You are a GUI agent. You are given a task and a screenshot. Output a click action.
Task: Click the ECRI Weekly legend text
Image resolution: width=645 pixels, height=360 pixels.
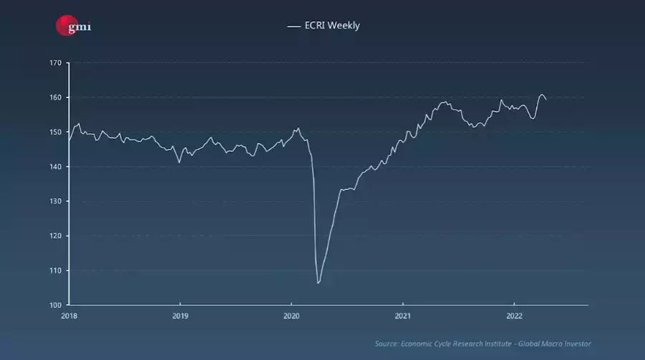coord(332,26)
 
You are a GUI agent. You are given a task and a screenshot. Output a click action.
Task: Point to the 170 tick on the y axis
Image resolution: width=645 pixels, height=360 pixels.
coord(55,63)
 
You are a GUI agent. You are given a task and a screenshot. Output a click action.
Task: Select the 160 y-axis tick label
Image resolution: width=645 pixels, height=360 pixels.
coord(55,97)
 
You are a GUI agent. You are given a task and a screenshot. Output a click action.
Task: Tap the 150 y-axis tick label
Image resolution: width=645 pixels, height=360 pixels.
coord(55,132)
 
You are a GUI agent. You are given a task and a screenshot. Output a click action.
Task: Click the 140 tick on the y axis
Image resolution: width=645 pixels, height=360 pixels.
coord(55,167)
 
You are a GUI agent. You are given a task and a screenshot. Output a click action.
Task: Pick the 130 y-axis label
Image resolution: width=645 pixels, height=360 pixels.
coord(55,201)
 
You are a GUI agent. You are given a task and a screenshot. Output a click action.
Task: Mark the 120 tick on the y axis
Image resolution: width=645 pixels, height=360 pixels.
coord(55,236)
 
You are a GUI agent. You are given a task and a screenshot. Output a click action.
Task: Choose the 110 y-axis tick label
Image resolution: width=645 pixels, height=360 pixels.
coord(55,271)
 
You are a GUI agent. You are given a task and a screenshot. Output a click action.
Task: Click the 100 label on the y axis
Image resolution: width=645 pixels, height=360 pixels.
coord(55,305)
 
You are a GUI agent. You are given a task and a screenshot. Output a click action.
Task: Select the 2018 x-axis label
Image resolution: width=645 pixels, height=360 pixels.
coord(69,316)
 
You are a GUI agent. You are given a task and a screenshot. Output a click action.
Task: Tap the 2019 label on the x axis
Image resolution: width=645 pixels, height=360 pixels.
coord(180,316)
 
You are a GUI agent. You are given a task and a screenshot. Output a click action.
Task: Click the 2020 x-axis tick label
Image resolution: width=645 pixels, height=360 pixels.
coord(291,316)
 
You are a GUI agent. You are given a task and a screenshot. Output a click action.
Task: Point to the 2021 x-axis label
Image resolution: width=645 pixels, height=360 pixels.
coord(402,316)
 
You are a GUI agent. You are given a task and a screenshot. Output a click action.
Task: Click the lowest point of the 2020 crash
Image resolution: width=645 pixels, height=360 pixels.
coord(318,283)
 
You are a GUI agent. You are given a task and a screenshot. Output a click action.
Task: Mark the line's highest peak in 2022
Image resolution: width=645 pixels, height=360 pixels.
coord(542,94)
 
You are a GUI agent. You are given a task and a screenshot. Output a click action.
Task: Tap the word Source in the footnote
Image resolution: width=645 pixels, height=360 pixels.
coord(387,344)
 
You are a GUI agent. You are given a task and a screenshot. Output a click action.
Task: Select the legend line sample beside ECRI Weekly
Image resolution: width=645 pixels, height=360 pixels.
coord(294,26)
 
